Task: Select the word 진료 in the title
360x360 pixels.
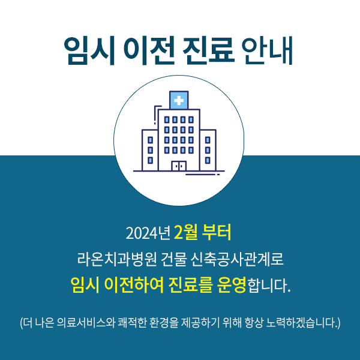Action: tap(203, 52)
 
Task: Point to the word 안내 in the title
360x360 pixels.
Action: tap(266, 52)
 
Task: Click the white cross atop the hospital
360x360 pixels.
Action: tap(178, 100)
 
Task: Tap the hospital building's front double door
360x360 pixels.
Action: tap(178, 166)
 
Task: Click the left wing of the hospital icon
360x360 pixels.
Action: tap(150, 150)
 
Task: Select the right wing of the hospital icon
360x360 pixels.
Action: tap(208, 150)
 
